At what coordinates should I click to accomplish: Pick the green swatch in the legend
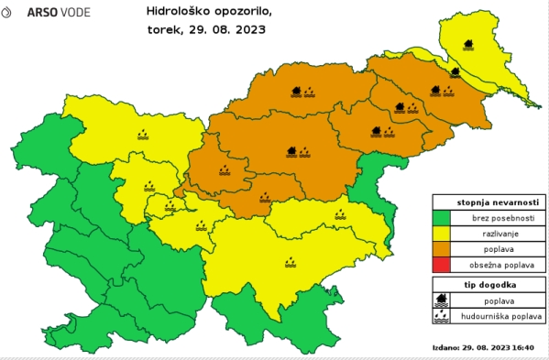click(x=443, y=218)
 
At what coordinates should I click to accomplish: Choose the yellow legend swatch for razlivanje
click(x=443, y=235)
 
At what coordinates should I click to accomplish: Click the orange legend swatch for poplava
click(x=443, y=251)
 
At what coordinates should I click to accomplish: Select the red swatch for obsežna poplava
click(x=443, y=267)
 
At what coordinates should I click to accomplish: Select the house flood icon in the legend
click(x=443, y=300)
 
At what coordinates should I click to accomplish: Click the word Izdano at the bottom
click(x=445, y=348)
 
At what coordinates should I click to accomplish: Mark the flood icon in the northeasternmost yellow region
click(x=470, y=43)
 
